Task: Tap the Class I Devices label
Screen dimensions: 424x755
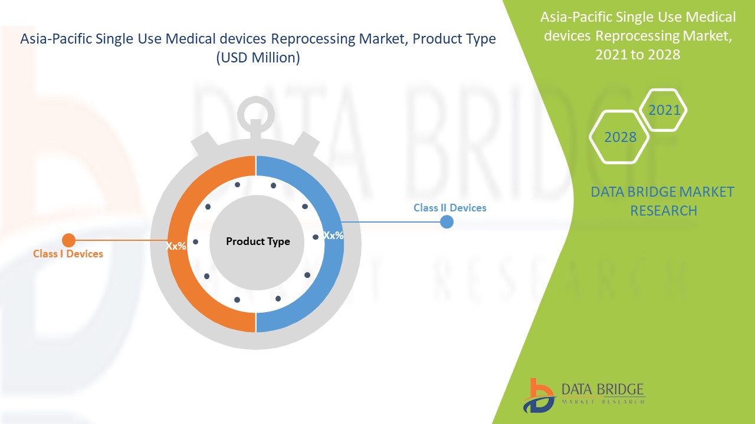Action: pyautogui.click(x=68, y=254)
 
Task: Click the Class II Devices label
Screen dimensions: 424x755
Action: pyautogui.click(x=449, y=208)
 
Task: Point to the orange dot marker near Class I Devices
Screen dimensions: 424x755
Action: pyautogui.click(x=69, y=240)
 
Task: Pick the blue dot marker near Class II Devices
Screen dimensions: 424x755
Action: pyautogui.click(x=447, y=222)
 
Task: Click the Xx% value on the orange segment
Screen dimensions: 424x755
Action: pyautogui.click(x=176, y=246)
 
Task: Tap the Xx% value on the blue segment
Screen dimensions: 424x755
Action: pyautogui.click(x=333, y=235)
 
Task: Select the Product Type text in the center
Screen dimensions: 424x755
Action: pyautogui.click(x=258, y=241)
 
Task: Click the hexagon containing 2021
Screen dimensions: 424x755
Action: pyautogui.click(x=664, y=110)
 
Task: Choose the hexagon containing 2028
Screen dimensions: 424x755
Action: pyautogui.click(x=620, y=137)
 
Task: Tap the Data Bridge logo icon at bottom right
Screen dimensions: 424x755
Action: pyautogui.click(x=538, y=395)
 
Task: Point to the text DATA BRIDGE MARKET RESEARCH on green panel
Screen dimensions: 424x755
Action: pyautogui.click(x=663, y=201)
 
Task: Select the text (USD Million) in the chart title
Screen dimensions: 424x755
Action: pyautogui.click(x=258, y=58)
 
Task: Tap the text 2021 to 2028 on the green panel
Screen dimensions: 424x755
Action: pyautogui.click(x=638, y=55)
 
